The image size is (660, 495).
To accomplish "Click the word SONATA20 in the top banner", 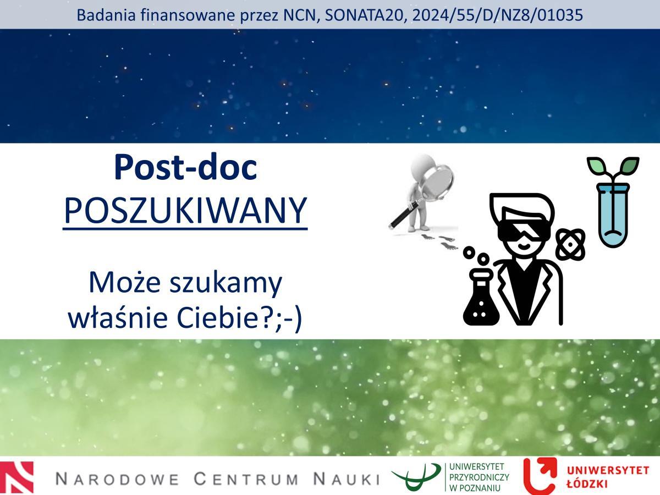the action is coord(364,15).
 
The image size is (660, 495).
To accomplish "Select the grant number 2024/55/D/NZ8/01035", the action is coord(498,15).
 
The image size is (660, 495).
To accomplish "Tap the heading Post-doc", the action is coord(185,167).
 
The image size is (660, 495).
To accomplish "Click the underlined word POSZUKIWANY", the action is coord(185,210).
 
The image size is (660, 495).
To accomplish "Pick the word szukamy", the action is coord(226,284).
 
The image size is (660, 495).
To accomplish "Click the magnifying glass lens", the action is coord(438,182).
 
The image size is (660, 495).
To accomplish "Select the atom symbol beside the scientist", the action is coord(570,244).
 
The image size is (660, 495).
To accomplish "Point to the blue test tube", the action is coord(613,215).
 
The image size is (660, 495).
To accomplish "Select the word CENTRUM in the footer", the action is coord(245,479).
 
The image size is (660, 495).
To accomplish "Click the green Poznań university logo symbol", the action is coord(416,476).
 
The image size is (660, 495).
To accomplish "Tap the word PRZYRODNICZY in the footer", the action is coord(479,477).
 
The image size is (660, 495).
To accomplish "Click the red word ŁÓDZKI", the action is coord(587,483).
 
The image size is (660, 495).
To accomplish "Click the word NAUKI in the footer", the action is coord(346,479).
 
